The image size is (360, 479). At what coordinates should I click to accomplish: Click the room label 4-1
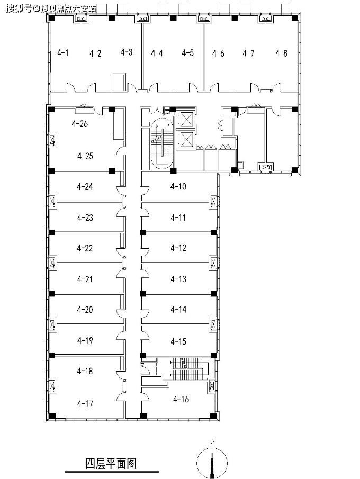pos(63,53)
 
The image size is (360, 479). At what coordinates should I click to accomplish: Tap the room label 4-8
pos(282,53)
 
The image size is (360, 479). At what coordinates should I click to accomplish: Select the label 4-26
pos(80,123)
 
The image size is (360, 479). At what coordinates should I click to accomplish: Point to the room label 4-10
pos(178,186)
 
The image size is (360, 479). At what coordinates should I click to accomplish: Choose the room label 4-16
pos(181,399)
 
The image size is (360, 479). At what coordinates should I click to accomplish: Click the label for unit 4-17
pos(85,403)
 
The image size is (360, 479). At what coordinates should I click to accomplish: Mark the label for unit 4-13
pos(178,279)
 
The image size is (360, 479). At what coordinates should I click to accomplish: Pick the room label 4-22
pos(85,248)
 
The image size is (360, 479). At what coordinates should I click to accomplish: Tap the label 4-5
pos(187,53)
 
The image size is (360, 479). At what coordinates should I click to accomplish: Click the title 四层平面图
pos(111,464)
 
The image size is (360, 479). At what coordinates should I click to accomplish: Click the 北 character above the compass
pos(212,442)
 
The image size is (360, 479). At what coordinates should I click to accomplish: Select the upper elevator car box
pos(186,120)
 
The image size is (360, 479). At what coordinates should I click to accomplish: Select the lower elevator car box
pos(186,140)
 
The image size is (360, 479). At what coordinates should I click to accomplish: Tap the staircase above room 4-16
pos(186,369)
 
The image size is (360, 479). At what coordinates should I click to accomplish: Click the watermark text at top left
pos(51,8)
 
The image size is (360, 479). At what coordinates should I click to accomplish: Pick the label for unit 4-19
pos(85,341)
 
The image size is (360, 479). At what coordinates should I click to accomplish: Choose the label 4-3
pos(127,52)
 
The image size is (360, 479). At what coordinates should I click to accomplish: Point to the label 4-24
pos(85,186)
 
